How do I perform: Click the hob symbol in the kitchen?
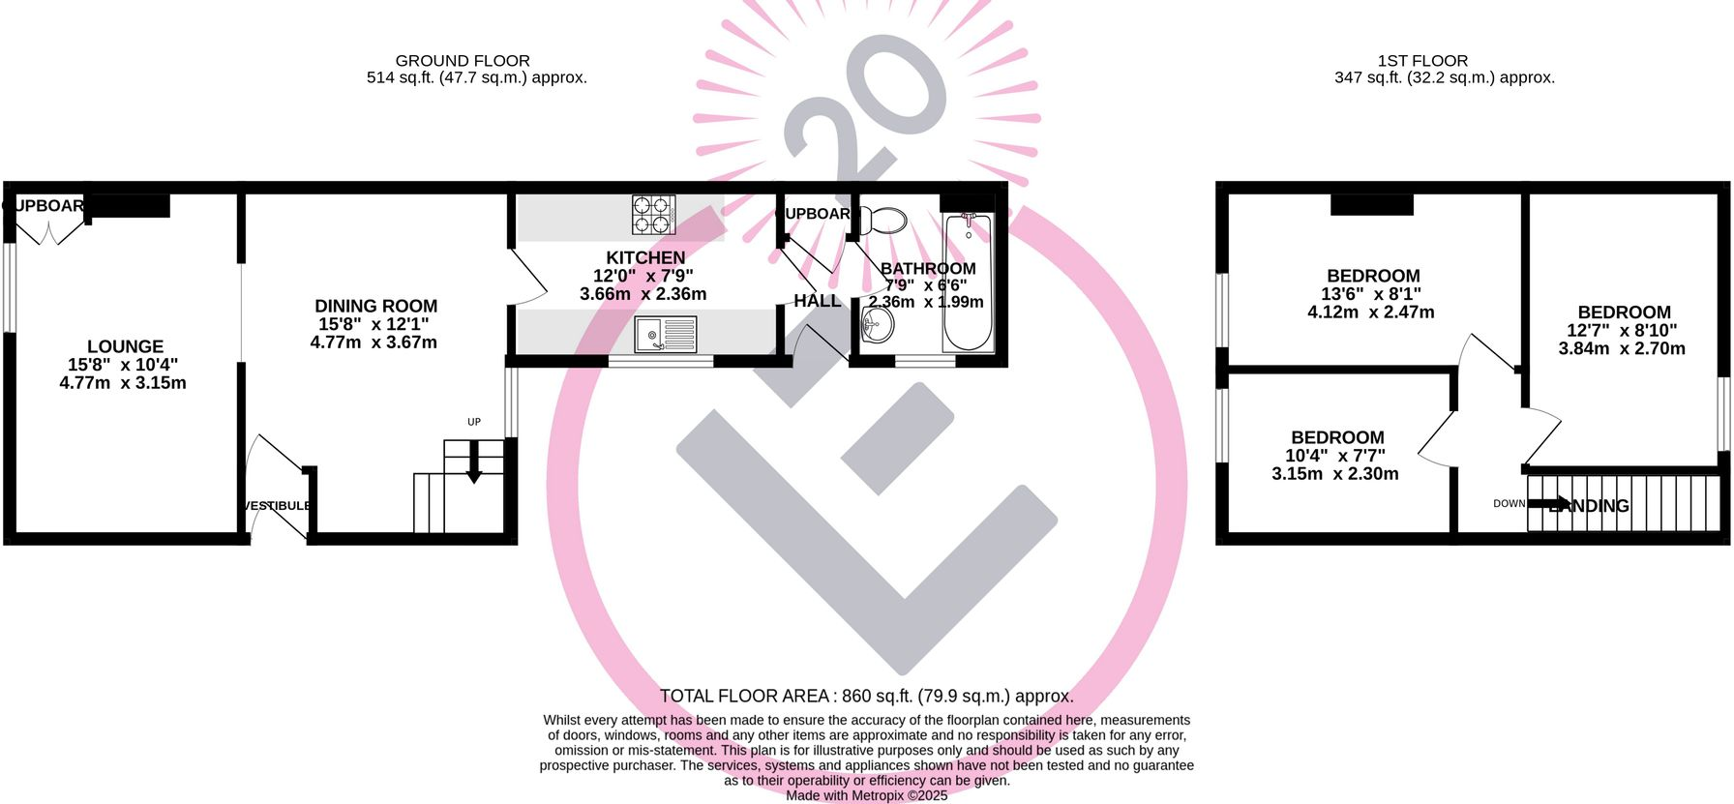tap(653, 215)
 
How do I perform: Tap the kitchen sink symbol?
tap(666, 335)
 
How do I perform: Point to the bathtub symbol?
tap(968, 283)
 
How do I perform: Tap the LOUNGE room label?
tap(125, 346)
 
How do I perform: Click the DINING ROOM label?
tap(375, 306)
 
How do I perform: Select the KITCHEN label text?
tap(645, 257)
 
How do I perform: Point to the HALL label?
tap(818, 301)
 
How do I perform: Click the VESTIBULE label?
tap(278, 506)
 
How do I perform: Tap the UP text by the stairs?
tap(474, 422)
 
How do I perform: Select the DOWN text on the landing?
tap(1509, 503)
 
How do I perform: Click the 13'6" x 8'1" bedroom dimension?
tap(1371, 294)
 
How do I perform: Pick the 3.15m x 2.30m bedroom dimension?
tap(1335, 474)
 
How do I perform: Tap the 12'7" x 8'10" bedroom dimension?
tap(1622, 331)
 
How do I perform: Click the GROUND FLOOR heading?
tap(463, 61)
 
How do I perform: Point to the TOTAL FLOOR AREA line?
tap(866, 696)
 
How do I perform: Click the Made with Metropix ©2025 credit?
tap(866, 795)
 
